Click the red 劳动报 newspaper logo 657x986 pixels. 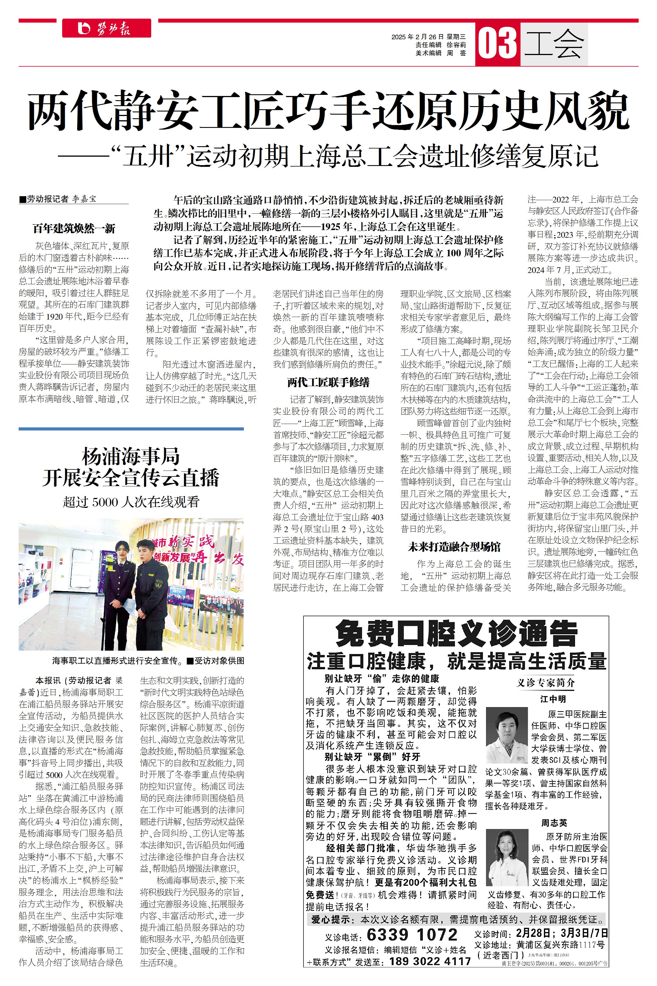click(x=107, y=29)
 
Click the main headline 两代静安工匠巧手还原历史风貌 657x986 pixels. click(x=328, y=111)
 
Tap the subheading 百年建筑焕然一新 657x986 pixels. click(x=74, y=228)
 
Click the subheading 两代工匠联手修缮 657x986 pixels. click(x=328, y=382)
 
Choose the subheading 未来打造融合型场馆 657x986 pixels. click(x=454, y=546)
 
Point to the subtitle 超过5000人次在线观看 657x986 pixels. click(x=131, y=502)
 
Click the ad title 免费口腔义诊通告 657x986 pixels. click(x=456, y=635)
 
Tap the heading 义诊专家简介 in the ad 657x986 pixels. click(x=546, y=683)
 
